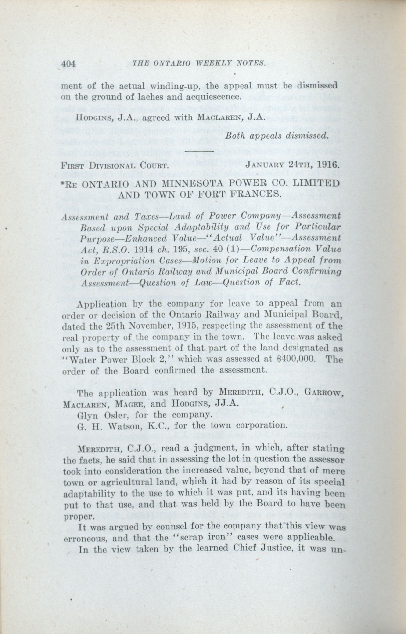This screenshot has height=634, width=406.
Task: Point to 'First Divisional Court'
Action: click(x=115, y=166)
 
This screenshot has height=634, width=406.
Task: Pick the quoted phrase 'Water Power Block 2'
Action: click(x=120, y=360)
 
